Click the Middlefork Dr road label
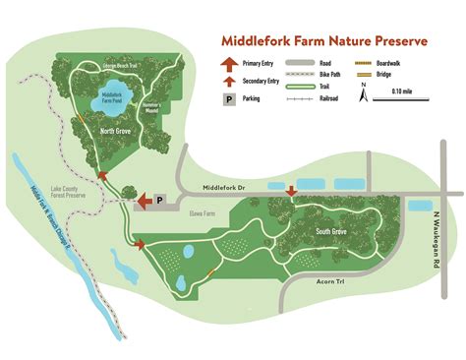pyautogui.click(x=229, y=188)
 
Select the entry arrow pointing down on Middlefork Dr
pyautogui.click(x=290, y=191)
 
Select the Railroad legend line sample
pyautogui.click(x=300, y=98)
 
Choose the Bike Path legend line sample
pyautogui.click(x=300, y=74)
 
